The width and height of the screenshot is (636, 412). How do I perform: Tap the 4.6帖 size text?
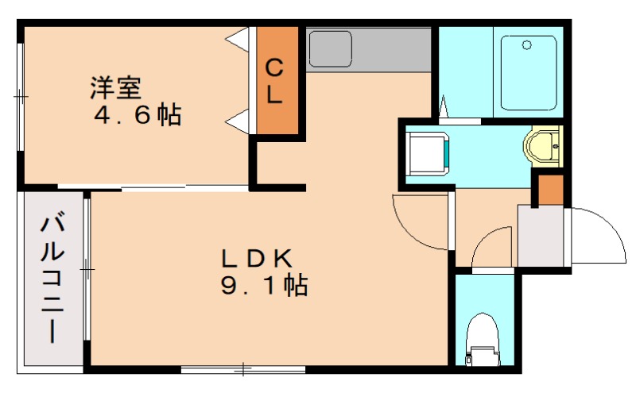point(138,115)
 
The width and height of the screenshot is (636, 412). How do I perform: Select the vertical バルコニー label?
point(52,278)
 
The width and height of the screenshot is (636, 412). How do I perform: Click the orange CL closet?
point(275,80)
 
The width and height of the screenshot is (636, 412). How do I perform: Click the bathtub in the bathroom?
point(529,71)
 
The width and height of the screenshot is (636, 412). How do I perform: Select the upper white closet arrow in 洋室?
point(237,37)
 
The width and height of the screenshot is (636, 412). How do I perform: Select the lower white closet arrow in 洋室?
point(237,121)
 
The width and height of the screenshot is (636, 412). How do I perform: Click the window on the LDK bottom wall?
point(242,369)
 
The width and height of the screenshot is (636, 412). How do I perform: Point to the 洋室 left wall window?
point(21,95)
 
